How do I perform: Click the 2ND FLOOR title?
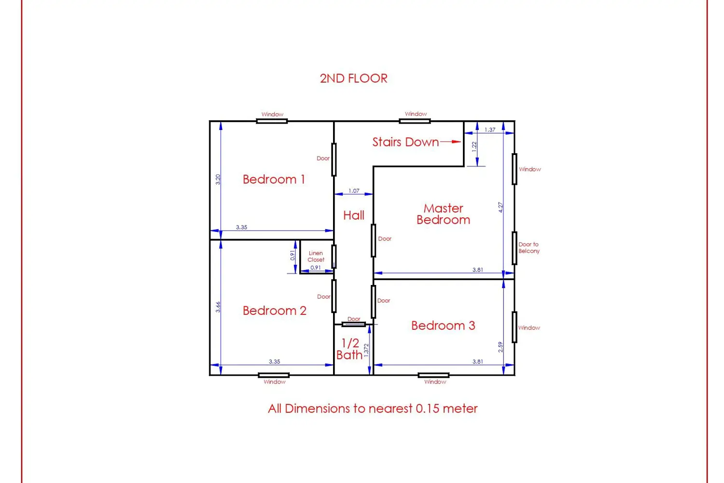(x=354, y=78)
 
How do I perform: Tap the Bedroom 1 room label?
(x=274, y=179)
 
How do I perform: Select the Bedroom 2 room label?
(x=275, y=311)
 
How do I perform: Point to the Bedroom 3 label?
(x=443, y=326)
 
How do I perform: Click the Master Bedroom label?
(x=443, y=214)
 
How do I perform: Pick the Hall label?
(x=354, y=215)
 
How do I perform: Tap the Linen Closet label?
(x=316, y=256)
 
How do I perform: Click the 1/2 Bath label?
(x=349, y=349)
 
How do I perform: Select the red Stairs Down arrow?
(x=450, y=142)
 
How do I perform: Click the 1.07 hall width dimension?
(x=354, y=191)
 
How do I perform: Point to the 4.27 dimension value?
(x=501, y=207)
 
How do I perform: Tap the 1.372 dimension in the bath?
(x=366, y=350)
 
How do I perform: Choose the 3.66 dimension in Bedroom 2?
(x=218, y=307)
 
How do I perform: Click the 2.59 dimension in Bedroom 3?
(x=501, y=347)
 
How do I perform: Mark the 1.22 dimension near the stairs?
(x=474, y=146)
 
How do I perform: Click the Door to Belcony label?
(x=529, y=247)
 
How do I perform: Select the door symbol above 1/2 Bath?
(x=354, y=324)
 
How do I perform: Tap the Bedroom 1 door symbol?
(x=334, y=160)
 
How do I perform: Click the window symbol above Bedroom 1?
(x=272, y=121)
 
